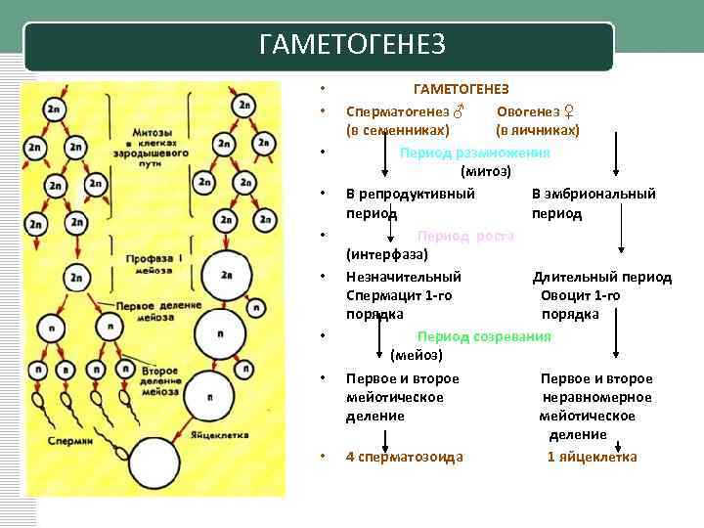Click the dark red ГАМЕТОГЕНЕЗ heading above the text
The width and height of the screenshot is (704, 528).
(x=461, y=89)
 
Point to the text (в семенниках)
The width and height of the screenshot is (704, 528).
(x=398, y=130)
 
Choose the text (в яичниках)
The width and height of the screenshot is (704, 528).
(x=538, y=130)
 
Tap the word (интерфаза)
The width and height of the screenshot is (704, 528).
(x=388, y=255)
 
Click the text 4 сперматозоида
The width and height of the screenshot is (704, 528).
(x=405, y=457)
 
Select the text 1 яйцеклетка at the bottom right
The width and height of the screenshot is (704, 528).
(x=592, y=457)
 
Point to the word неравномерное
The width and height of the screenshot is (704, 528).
(x=597, y=397)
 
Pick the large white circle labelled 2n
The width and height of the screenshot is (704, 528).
(x=226, y=275)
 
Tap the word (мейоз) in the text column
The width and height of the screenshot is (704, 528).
(x=417, y=354)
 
